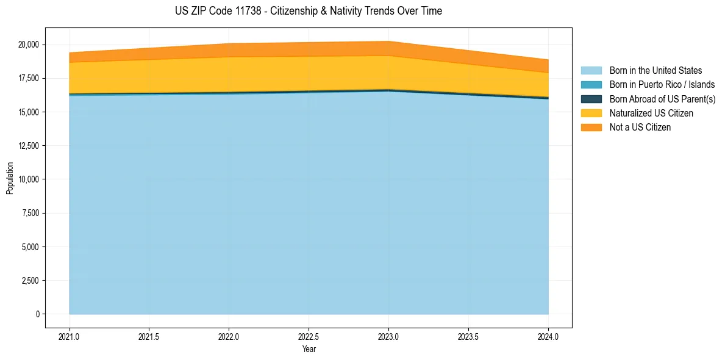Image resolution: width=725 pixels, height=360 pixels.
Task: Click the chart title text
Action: (308, 11)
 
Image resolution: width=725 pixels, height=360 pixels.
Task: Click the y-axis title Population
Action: (10, 178)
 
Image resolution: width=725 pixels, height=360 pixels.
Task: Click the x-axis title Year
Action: (309, 349)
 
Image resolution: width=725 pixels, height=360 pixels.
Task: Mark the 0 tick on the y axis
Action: (37, 314)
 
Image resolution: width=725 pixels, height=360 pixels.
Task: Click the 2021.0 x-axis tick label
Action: (70, 336)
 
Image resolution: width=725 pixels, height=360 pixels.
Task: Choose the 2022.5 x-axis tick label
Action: (309, 336)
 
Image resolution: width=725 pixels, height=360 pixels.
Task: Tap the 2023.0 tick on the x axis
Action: (388, 336)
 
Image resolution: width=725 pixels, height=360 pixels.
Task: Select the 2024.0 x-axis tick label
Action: (548, 336)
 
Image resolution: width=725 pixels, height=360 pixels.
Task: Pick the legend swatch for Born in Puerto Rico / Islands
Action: (591, 85)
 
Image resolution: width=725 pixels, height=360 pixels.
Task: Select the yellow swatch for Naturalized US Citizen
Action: (591, 113)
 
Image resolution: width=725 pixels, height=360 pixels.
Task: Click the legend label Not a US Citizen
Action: (640, 127)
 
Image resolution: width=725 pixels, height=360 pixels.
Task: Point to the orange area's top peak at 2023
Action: (388, 41)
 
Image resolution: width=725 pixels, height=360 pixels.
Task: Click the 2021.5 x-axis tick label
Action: (149, 336)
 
